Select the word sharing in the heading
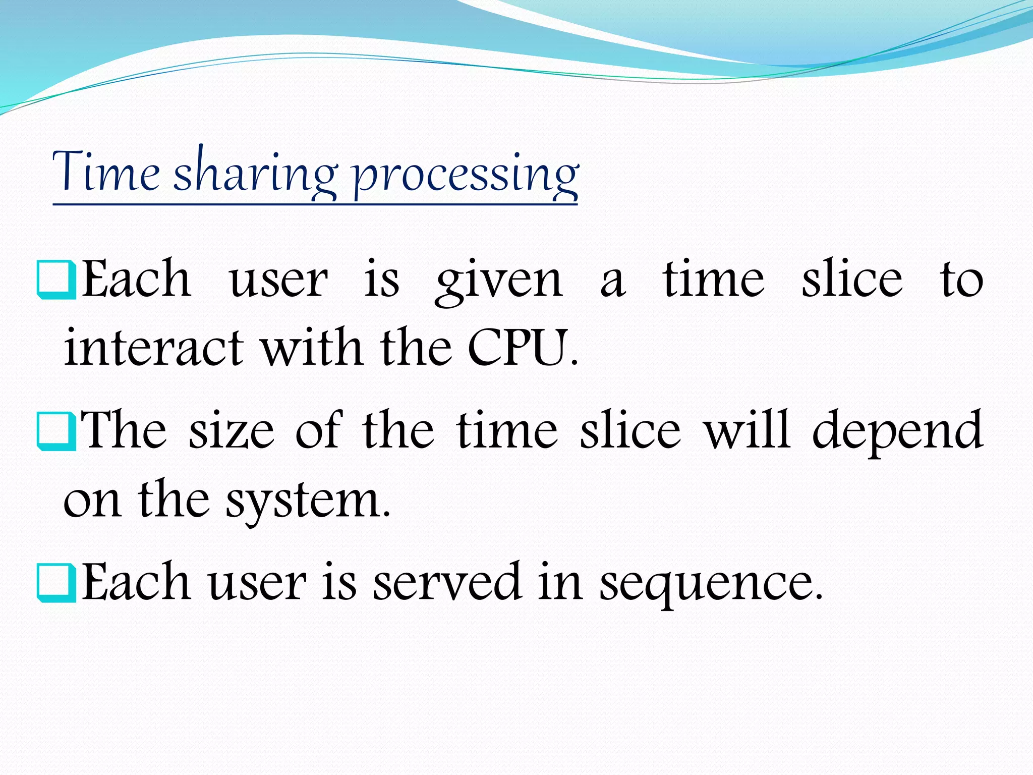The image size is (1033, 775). pyautogui.click(x=255, y=174)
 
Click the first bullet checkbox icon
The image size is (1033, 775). pyautogui.click(x=56, y=280)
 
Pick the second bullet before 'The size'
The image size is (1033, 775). pyautogui.click(x=56, y=431)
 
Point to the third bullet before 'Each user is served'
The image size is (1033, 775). pyautogui.click(x=56, y=583)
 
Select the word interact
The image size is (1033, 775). pyautogui.click(x=154, y=348)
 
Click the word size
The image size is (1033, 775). pyautogui.click(x=232, y=431)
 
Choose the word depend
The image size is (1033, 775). pyautogui.click(x=897, y=431)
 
